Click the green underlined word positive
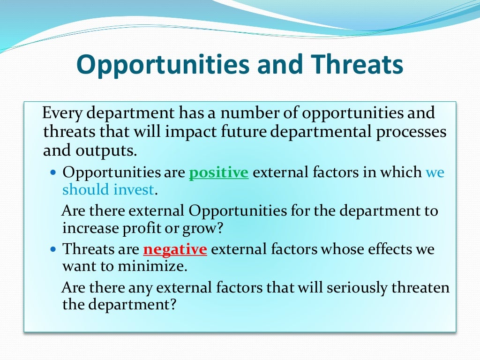pos(218,173)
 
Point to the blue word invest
pos(136,189)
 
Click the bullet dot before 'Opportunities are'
pos(53,173)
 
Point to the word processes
pos(411,132)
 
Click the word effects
pos(371,249)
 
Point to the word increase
pos(91,228)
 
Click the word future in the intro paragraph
pos(240,132)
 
